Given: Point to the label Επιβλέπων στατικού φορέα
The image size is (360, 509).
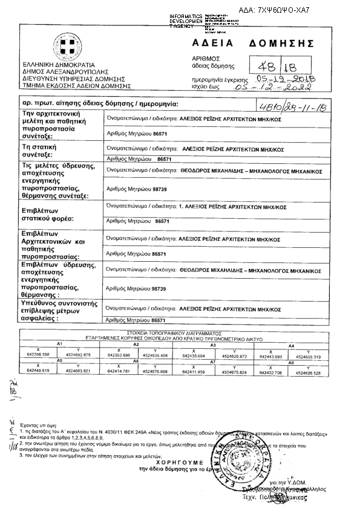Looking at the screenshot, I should (x=48, y=216).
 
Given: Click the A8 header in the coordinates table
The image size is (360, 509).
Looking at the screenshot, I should (x=291, y=361).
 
